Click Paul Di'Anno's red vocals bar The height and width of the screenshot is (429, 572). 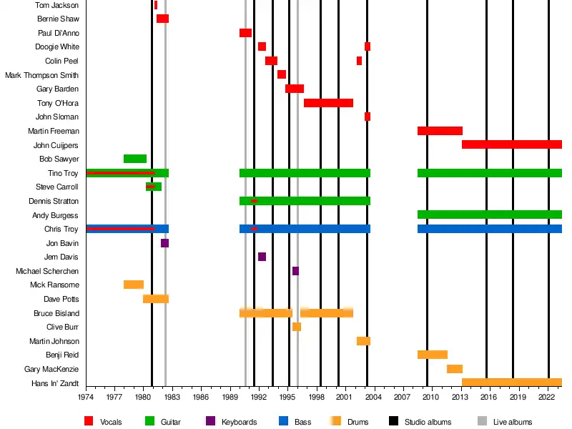(245, 33)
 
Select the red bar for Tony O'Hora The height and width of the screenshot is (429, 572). (328, 103)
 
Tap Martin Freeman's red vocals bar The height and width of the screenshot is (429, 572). (440, 131)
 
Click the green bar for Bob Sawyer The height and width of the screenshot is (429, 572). (135, 159)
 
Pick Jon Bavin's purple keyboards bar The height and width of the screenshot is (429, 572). (164, 243)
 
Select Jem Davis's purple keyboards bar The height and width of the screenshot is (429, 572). (262, 257)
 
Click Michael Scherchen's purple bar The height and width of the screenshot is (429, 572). (295, 271)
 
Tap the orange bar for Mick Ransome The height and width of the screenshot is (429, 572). (134, 285)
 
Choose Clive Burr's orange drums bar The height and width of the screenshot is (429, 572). (297, 327)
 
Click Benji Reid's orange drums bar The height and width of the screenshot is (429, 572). (433, 355)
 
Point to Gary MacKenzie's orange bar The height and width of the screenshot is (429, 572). (455, 369)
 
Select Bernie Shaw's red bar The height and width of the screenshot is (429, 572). (162, 19)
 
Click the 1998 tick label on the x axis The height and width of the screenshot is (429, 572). (316, 397)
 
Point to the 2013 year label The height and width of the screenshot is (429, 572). (460, 397)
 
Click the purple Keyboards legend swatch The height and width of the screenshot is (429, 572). (210, 422)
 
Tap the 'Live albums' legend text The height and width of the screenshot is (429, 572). (513, 422)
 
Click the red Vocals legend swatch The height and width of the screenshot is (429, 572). (89, 422)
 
